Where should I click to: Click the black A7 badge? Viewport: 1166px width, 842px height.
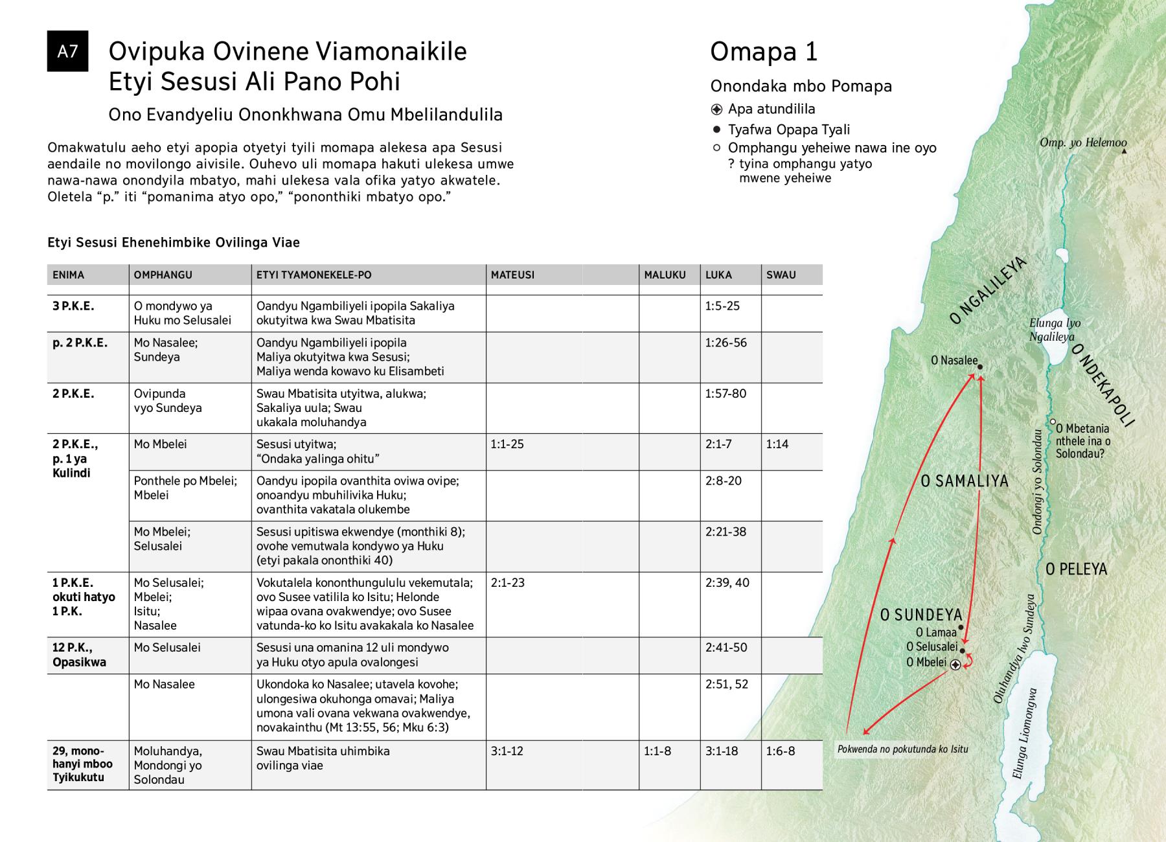pyautogui.click(x=67, y=51)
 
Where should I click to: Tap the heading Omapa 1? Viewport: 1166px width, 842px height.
pyautogui.click(x=764, y=52)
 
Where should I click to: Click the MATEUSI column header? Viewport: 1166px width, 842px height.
pyautogui.click(x=512, y=275)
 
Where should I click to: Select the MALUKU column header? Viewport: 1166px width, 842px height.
pyautogui.click(x=665, y=275)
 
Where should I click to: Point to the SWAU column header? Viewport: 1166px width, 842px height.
pyautogui.click(x=781, y=275)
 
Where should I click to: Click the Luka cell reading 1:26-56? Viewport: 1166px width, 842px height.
pyautogui.click(x=726, y=343)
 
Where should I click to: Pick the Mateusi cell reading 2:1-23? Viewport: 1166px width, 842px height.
pyautogui.click(x=507, y=582)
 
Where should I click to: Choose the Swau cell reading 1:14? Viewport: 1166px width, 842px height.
pyautogui.click(x=777, y=444)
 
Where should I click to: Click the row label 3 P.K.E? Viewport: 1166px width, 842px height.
pyautogui.click(x=73, y=306)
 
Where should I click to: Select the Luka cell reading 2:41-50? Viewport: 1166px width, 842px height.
pyautogui.click(x=726, y=648)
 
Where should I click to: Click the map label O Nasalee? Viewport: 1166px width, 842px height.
pyautogui.click(x=954, y=360)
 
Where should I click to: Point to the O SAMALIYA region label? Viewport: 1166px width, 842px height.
pyautogui.click(x=965, y=481)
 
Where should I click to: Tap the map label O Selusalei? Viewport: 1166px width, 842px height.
pyautogui.click(x=932, y=646)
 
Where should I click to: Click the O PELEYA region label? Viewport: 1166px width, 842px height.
pyautogui.click(x=1076, y=569)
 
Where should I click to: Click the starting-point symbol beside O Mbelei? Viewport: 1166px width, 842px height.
pyautogui.click(x=955, y=665)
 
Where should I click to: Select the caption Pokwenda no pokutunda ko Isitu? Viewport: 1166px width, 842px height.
pyautogui.click(x=902, y=749)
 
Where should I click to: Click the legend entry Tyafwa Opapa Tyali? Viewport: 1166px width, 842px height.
pyautogui.click(x=788, y=130)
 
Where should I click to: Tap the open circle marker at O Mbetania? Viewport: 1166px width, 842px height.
pyautogui.click(x=1053, y=422)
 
